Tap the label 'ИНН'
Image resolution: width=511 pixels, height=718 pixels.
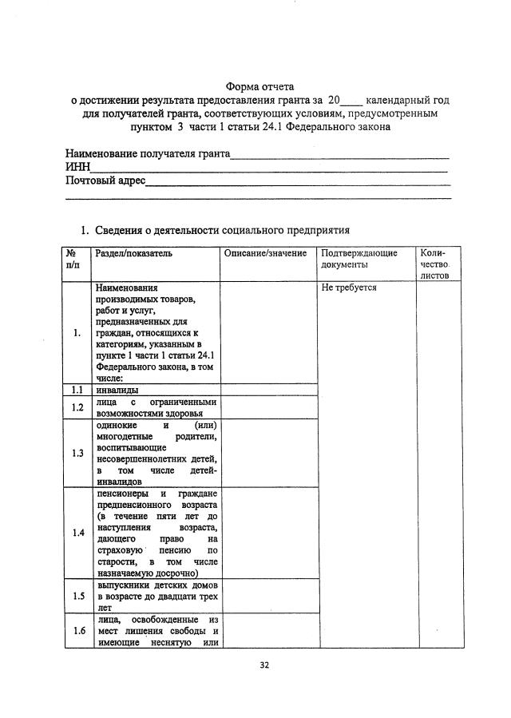(x=77, y=167)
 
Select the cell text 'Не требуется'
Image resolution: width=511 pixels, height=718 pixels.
(x=349, y=288)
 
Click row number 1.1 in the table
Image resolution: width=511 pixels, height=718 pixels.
(x=77, y=391)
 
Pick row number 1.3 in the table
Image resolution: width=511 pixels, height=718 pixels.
(x=77, y=454)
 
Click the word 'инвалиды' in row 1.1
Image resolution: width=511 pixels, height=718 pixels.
(x=117, y=391)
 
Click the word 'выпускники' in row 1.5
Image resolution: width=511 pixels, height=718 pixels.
(x=123, y=585)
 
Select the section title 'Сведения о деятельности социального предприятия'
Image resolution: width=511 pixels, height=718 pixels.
(x=222, y=231)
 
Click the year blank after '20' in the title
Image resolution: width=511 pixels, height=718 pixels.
(x=351, y=101)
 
